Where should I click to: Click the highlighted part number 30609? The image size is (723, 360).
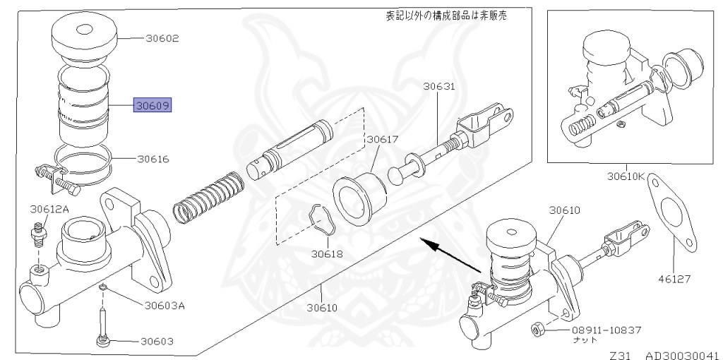(x=154, y=107)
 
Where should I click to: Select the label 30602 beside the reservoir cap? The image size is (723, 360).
(x=162, y=38)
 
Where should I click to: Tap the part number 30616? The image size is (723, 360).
(x=153, y=160)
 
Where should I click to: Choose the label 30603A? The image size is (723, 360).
(x=165, y=306)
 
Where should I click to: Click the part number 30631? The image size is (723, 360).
(x=439, y=88)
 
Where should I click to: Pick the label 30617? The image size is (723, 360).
(x=381, y=139)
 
